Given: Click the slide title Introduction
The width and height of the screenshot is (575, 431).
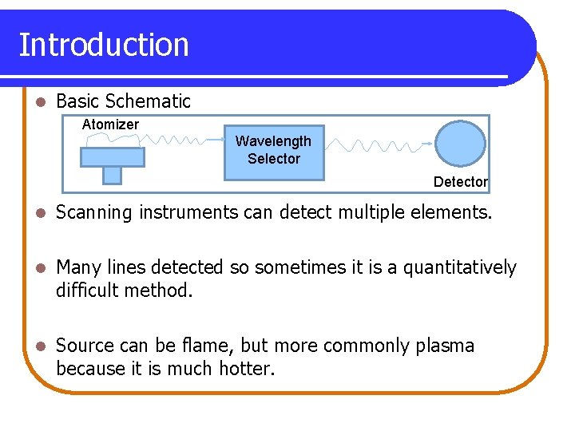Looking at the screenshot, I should click(x=104, y=45).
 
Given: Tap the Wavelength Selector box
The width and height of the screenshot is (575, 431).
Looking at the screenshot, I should click(x=273, y=152).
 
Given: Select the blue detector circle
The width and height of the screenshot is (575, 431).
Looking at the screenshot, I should click(x=460, y=144).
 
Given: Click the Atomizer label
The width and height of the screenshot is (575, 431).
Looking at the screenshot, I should click(x=110, y=125).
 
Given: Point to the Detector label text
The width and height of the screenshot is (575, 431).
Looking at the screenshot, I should click(x=460, y=182).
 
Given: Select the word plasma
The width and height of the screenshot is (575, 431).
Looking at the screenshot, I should click(x=444, y=346).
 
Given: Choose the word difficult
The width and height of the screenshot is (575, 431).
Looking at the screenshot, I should click(x=88, y=291).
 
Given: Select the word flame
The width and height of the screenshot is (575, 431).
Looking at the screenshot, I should click(x=208, y=346).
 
